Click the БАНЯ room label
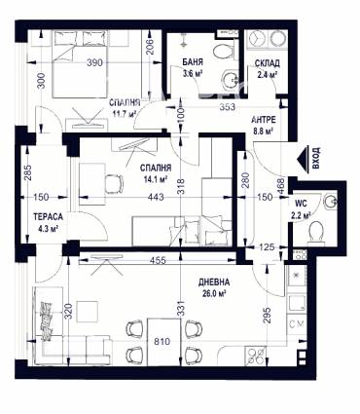[193, 61]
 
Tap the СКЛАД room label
[268, 63]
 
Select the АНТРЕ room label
[264, 120]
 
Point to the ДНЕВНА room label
[214, 282]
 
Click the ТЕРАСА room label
[48, 216]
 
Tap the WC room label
[301, 204]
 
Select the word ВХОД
[316, 158]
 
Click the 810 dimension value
[162, 341]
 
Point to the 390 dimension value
[94, 62]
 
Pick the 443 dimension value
[156, 197]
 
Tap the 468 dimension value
[280, 187]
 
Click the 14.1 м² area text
[157, 178]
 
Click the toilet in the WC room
[316, 232]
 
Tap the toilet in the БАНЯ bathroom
[225, 51]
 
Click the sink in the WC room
[330, 202]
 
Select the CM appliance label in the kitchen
[297, 323]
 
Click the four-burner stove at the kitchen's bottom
[256, 357]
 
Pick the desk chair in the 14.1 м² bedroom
[114, 184]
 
